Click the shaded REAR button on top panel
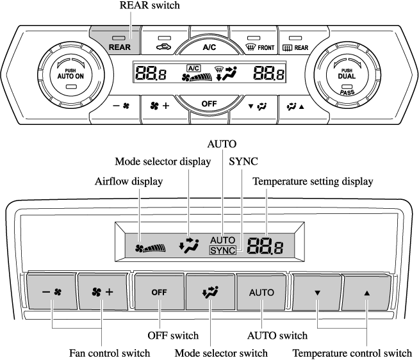pyautogui.click(x=115, y=41)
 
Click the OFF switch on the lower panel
pyautogui.click(x=160, y=292)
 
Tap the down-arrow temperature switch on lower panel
pyautogui.click(x=316, y=292)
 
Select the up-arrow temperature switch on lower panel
pyautogui.click(x=367, y=292)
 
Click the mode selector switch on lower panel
pyautogui.click(x=209, y=292)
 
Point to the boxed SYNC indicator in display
pyautogui.click(x=222, y=250)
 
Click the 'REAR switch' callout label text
pyautogui.click(x=151, y=6)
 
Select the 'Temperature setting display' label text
pyautogui.click(x=313, y=181)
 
